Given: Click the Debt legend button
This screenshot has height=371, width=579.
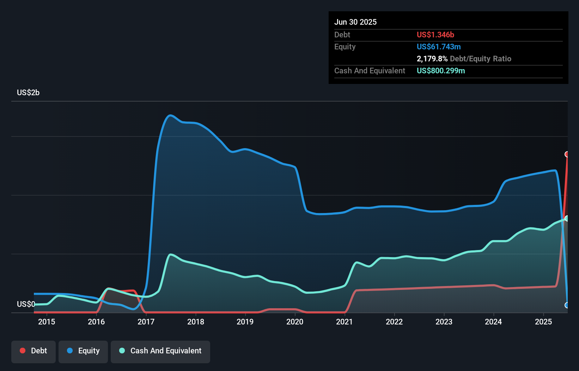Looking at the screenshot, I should click(33, 351).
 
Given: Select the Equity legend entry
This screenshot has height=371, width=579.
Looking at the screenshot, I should click(83, 351).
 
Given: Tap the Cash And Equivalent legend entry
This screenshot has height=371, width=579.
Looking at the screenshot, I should click(160, 351).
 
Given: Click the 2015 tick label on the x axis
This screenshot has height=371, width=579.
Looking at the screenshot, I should click(47, 322).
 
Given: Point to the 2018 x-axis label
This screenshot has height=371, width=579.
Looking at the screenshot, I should click(196, 322).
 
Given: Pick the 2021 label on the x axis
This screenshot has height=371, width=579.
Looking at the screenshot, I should click(345, 322).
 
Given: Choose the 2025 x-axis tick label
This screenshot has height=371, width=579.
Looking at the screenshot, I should click(543, 322).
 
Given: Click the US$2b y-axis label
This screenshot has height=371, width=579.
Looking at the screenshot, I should click(28, 93).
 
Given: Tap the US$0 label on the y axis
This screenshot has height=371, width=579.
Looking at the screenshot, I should click(26, 304).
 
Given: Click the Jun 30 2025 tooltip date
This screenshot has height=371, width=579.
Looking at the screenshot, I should click(355, 22).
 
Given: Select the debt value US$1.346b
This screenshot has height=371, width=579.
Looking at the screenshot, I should click(435, 35).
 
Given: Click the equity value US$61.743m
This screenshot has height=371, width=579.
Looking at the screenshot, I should click(439, 47).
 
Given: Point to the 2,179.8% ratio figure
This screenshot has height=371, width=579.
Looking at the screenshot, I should click(432, 59).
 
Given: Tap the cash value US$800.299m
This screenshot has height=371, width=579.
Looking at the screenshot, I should click(441, 71).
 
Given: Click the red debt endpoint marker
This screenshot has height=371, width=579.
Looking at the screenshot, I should click(567, 154).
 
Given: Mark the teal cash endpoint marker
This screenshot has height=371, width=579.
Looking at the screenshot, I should click(567, 218).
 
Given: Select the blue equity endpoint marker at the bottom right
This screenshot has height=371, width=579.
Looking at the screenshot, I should click(567, 305).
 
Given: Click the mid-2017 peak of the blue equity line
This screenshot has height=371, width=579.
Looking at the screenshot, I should click(171, 115).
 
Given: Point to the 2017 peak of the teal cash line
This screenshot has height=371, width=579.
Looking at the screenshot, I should click(171, 254).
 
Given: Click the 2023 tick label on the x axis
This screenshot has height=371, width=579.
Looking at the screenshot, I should click(444, 322).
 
